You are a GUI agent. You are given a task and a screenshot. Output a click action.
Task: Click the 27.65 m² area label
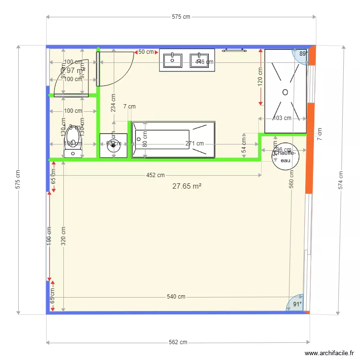click(187, 186)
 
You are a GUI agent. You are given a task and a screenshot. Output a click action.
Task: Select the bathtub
click(173, 139)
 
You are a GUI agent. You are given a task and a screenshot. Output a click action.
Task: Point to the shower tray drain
click(285, 92)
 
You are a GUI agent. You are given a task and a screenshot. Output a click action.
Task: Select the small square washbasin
click(114, 146)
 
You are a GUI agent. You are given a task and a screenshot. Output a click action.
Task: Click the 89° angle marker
click(303, 54)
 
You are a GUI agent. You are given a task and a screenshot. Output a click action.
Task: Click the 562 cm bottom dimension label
click(178, 342)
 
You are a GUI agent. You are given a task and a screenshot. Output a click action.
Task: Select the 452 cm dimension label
click(156, 175)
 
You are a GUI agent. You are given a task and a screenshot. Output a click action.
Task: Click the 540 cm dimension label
click(176, 297)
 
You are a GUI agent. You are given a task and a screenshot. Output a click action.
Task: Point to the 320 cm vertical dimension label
click(63, 236)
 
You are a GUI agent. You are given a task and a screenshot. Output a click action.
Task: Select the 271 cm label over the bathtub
click(195, 144)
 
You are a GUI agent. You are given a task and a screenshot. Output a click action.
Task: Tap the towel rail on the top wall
click(234, 49)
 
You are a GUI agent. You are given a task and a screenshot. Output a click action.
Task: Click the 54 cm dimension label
click(244, 146)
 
